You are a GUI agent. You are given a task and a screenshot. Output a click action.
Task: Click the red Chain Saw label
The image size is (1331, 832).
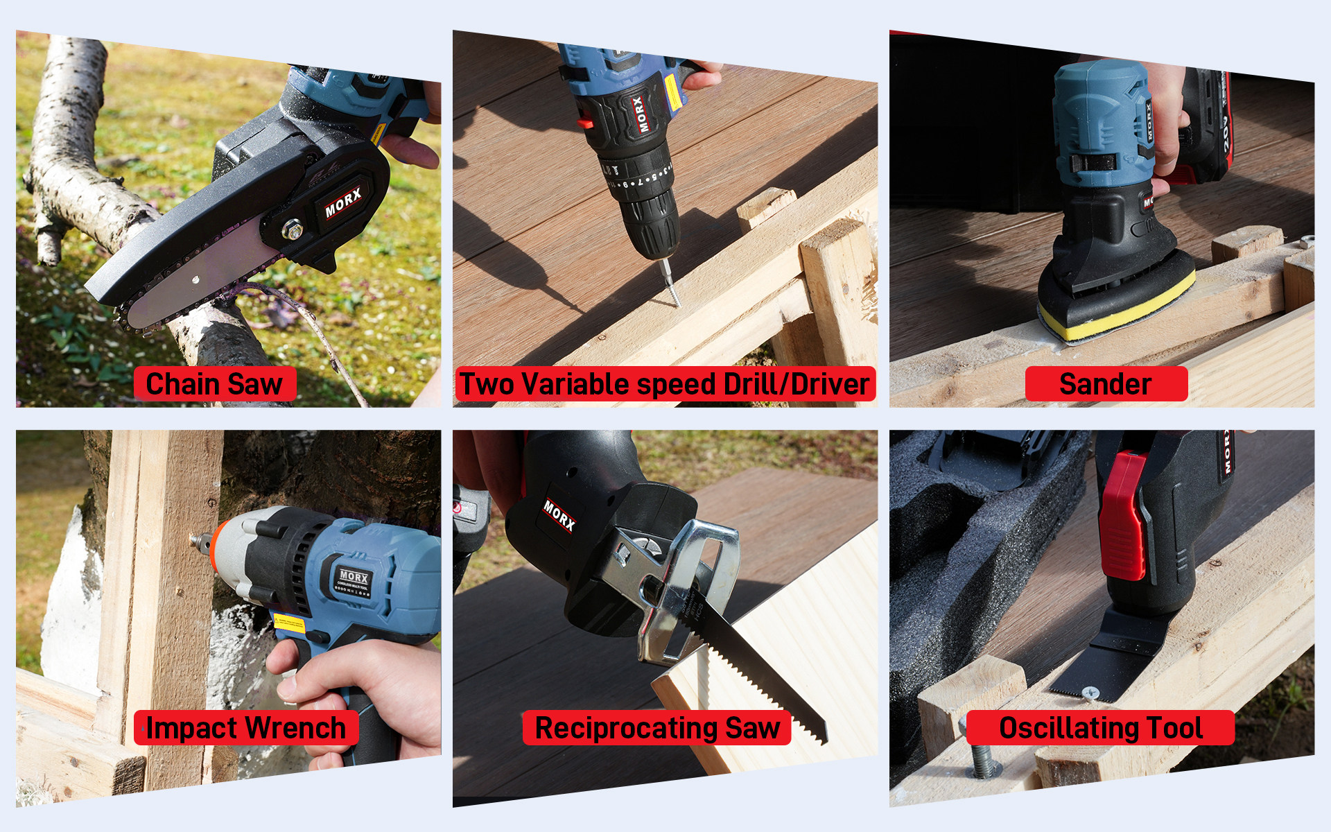(215, 384)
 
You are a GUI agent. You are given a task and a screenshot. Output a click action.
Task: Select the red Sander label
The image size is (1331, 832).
(1106, 384)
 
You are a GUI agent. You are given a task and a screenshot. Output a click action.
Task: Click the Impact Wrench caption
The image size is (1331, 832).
(246, 728)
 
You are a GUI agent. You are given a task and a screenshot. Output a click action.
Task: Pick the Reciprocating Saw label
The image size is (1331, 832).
(656, 728)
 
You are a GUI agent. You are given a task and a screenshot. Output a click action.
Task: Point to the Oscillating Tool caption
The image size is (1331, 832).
(1100, 728)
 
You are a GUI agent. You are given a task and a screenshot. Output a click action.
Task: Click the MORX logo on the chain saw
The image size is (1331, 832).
(342, 202)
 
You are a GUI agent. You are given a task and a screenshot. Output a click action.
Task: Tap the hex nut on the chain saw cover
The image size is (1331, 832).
(293, 228)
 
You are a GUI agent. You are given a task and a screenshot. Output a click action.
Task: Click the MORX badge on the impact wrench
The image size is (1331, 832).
(354, 577)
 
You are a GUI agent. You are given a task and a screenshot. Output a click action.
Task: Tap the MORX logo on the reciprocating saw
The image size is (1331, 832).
(559, 515)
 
